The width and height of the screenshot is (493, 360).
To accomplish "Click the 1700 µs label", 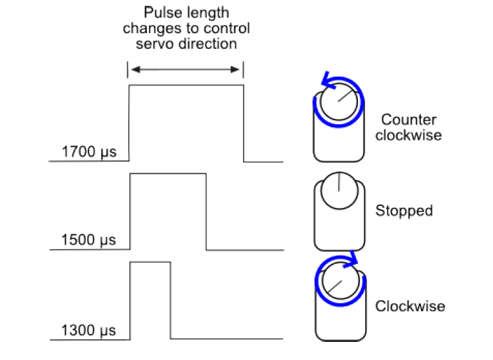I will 88,153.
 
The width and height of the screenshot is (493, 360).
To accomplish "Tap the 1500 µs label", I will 88,240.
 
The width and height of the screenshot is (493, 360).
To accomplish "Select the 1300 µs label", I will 88,331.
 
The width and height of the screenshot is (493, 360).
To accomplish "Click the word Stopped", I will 404,211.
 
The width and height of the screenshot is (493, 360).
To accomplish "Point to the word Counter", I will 409,120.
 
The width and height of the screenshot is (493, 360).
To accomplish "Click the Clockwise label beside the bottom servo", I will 411,306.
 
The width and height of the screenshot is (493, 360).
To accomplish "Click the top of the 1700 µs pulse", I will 186,85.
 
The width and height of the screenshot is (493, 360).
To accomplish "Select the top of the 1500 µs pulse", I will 168,174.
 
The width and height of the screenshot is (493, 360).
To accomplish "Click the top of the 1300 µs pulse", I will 150,262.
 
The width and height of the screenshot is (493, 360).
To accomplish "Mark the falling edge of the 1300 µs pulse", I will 171,300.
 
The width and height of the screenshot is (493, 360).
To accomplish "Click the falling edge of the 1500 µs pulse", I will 206,212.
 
